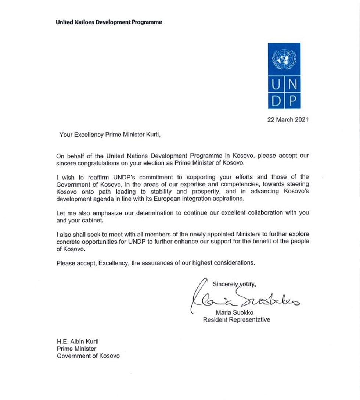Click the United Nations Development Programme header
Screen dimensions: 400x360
click(109, 22)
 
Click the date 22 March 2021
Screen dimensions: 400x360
click(288, 119)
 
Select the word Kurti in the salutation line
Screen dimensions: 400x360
click(152, 135)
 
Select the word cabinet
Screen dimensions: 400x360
click(94, 220)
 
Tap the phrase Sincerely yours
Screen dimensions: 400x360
click(234, 284)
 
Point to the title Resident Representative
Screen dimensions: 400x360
click(237, 320)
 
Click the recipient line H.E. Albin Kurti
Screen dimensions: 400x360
click(77, 342)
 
